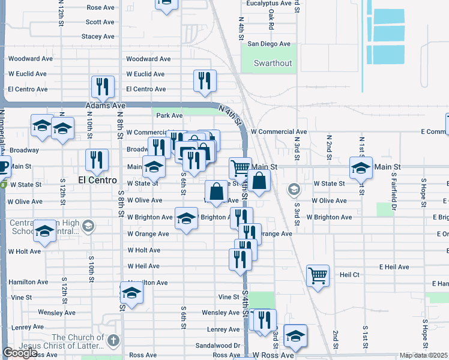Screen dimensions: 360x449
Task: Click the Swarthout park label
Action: [273, 63]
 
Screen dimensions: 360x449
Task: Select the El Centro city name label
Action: [96, 179]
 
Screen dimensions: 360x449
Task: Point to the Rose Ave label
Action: [100, 7]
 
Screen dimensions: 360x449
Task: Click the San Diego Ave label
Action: [269, 44]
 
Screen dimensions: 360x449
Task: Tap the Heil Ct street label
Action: [349, 274]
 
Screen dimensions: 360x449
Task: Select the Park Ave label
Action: [169, 115]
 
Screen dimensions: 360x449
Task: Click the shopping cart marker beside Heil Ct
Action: [318, 276]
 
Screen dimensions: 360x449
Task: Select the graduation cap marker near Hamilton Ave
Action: [131, 293]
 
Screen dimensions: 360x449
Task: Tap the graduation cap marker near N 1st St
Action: [361, 167]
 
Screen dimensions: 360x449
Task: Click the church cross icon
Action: [113, 341]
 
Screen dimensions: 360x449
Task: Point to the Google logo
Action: [20, 353]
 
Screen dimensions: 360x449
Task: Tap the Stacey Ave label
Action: [97, 37]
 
